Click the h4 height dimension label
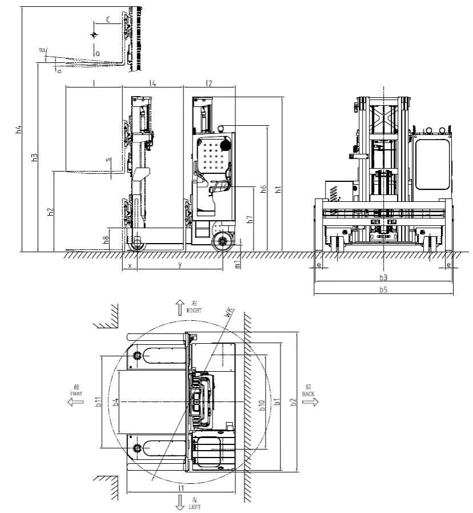(18, 129)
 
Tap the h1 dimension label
(278, 189)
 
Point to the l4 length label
(153, 83)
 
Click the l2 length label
(209, 83)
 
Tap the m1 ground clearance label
(238, 264)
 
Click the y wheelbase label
(180, 265)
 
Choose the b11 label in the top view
(98, 402)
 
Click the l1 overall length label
(181, 488)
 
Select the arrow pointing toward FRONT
(73, 402)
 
